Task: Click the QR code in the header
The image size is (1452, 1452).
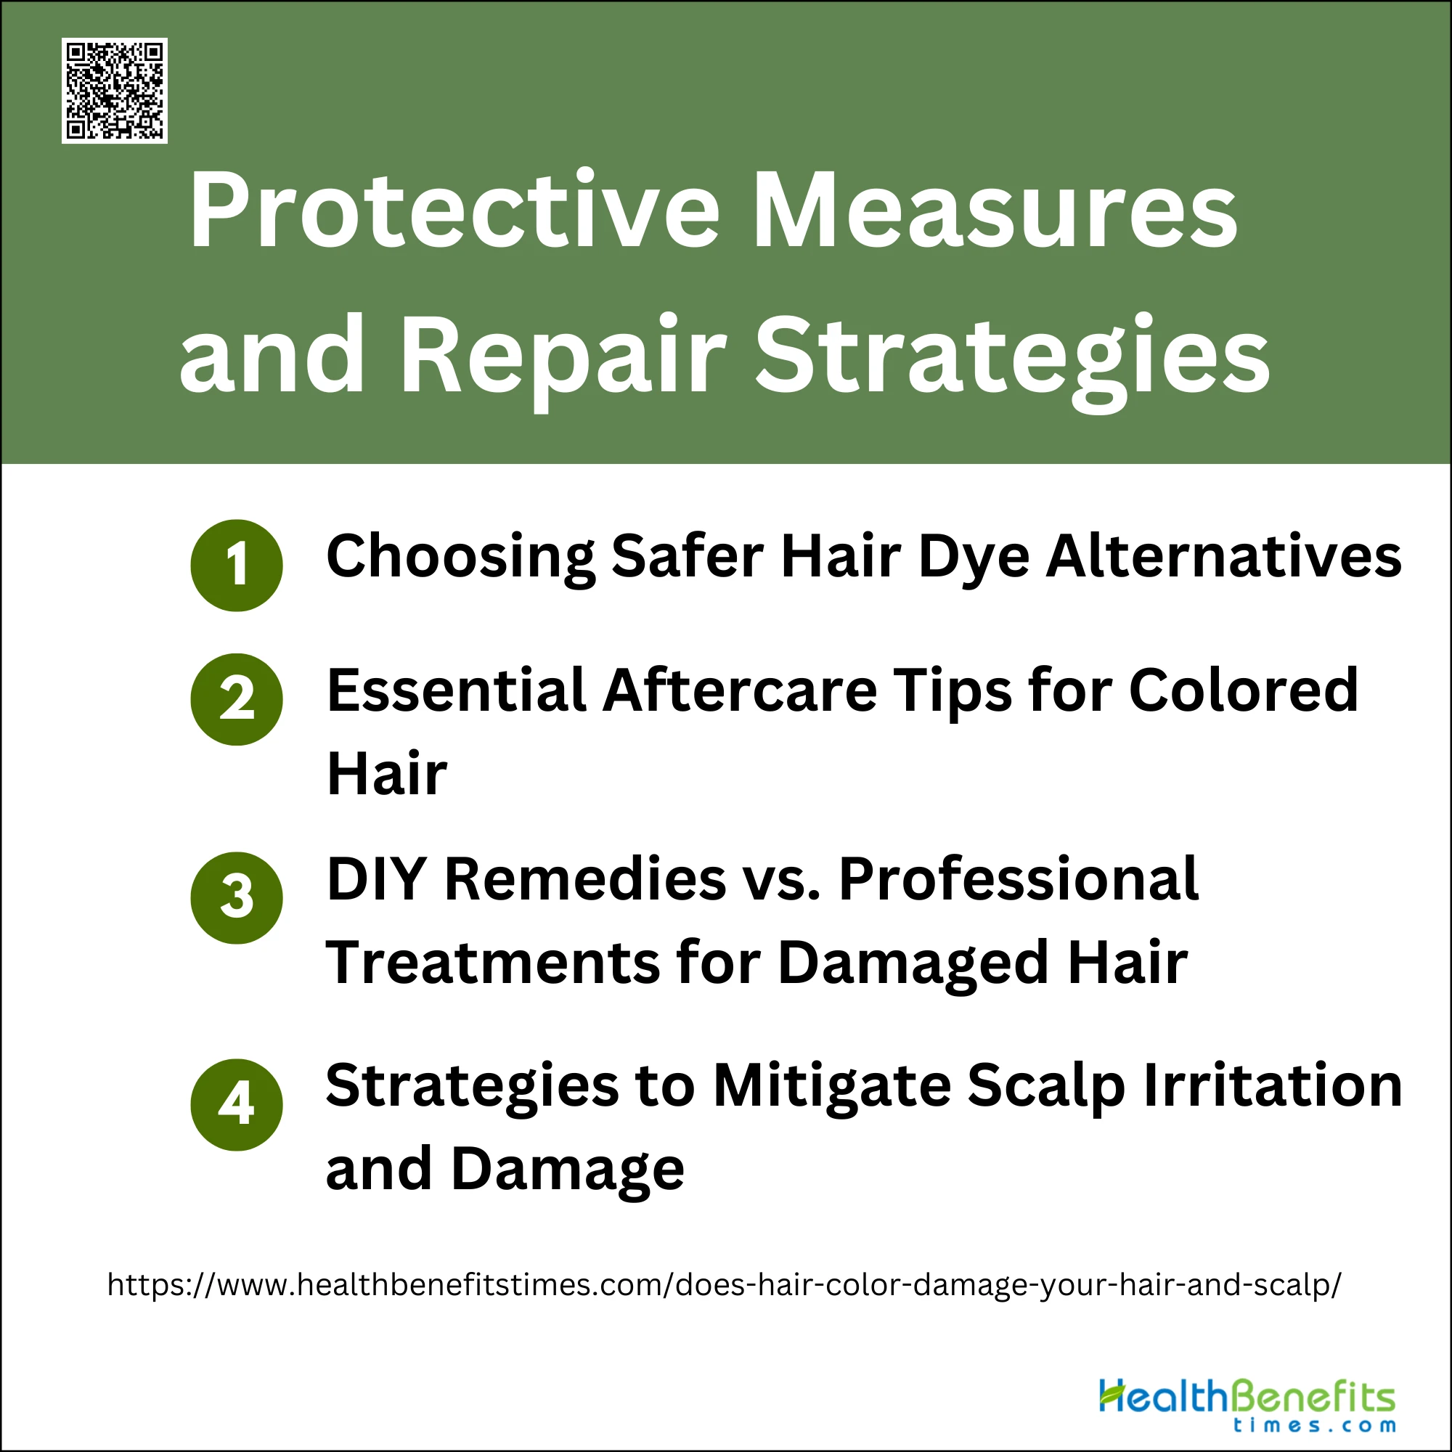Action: [x=114, y=90]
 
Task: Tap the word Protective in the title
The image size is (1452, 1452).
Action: [x=454, y=211]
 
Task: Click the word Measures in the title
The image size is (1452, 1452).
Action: [x=995, y=211]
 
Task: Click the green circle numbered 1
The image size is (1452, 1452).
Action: [x=237, y=565]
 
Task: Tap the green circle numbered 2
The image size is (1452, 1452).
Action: [x=237, y=700]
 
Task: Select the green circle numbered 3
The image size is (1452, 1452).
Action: [x=237, y=898]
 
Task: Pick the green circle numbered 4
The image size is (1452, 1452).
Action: [x=237, y=1105]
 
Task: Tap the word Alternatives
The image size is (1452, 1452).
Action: [x=1224, y=557]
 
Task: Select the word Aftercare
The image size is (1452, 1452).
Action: [x=741, y=690]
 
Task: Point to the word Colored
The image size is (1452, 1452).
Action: [x=1244, y=690]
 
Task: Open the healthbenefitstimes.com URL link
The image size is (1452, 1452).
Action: [x=725, y=1286]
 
